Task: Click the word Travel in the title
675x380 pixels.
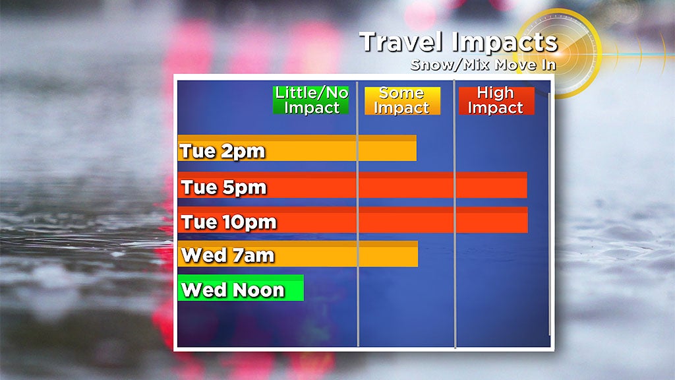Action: click(401, 42)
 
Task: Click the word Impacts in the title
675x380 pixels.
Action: click(505, 43)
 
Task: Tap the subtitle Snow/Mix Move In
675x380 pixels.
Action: click(483, 65)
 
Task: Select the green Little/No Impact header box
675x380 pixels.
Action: click(311, 100)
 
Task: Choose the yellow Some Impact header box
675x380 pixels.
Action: click(402, 101)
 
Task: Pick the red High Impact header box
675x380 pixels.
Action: click(496, 101)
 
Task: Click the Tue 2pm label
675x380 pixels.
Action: click(222, 151)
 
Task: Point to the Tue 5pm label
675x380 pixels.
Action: click(224, 187)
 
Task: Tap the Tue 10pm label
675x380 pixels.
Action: click(229, 222)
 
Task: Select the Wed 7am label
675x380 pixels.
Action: click(227, 255)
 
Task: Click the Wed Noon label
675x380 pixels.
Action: click(233, 290)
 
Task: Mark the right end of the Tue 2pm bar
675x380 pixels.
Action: click(417, 148)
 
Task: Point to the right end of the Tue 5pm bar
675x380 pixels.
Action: click(527, 185)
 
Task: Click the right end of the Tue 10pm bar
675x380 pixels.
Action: click(528, 220)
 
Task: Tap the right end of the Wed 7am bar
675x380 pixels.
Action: click(417, 254)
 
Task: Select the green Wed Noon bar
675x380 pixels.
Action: click(241, 288)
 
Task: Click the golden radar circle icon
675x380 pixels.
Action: click(558, 53)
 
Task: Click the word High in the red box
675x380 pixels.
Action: click(495, 94)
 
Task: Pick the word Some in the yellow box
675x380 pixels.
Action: click(401, 93)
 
